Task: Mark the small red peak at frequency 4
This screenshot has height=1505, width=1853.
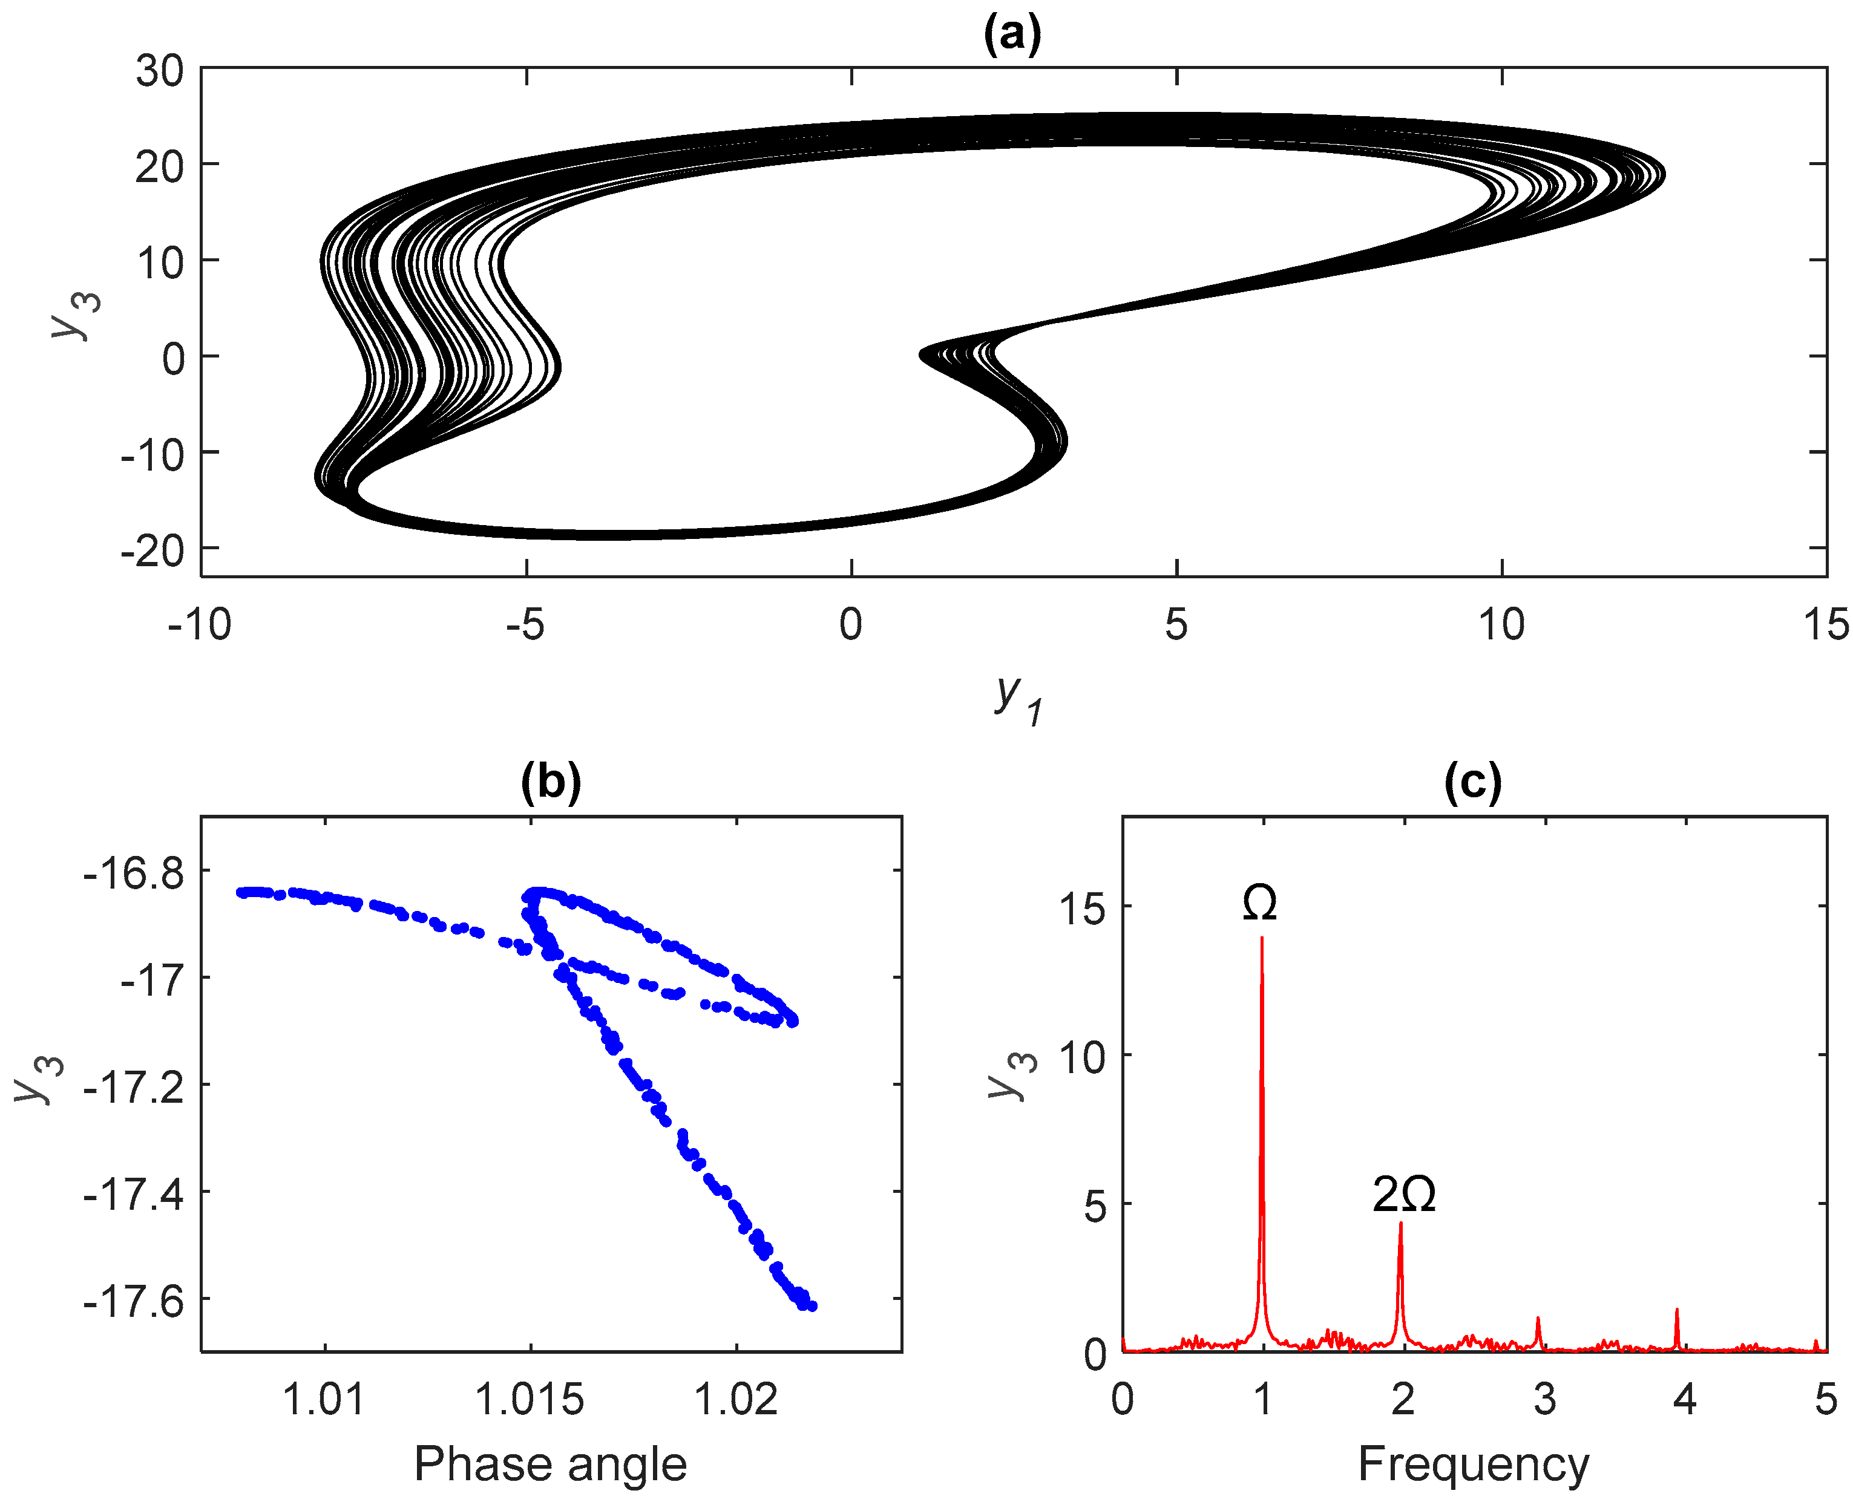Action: point(1677,1311)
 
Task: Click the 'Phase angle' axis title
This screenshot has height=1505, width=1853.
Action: point(551,1464)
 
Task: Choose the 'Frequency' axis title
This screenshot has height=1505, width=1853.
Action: point(1473,1464)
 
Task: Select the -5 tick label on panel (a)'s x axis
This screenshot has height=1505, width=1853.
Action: point(525,624)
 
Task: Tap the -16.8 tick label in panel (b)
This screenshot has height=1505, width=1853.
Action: point(134,873)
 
